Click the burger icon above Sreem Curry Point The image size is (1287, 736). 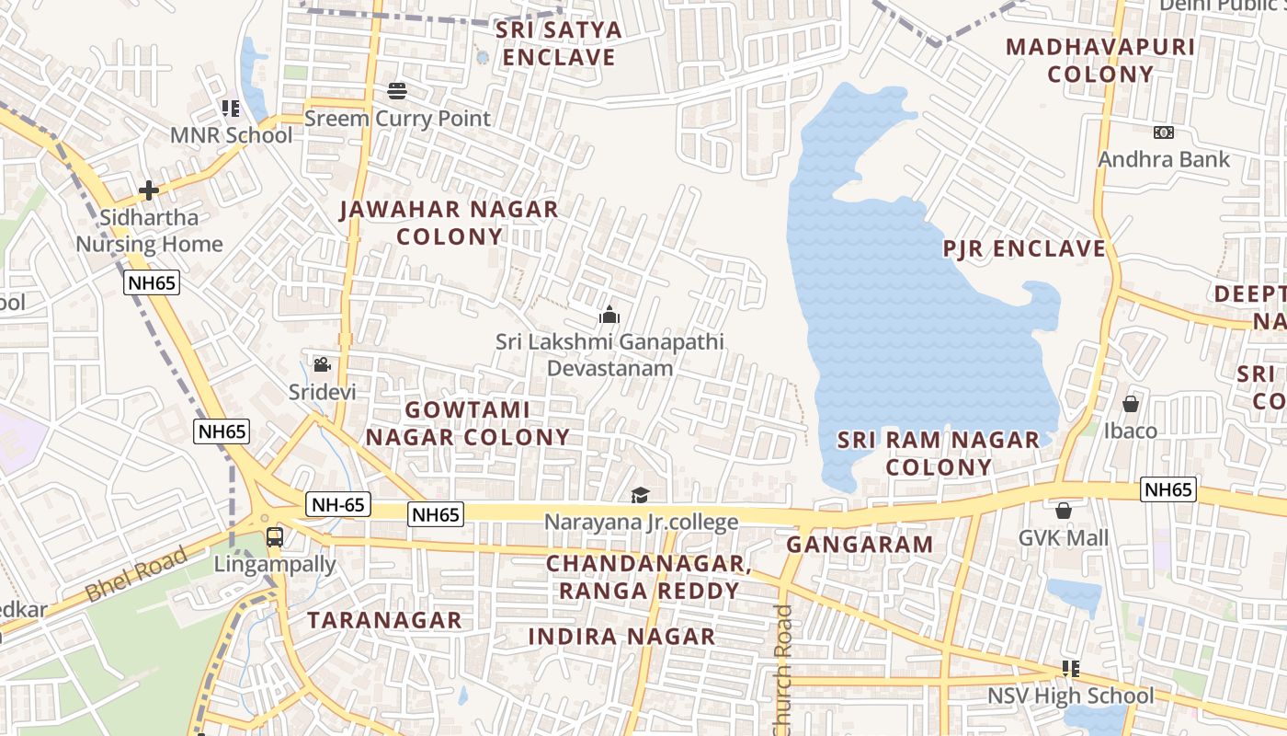[x=397, y=91]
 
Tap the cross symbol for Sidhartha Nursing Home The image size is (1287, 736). [x=149, y=190]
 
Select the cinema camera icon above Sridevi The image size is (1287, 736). [x=322, y=364]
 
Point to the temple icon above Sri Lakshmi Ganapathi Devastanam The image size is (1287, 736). [x=609, y=316]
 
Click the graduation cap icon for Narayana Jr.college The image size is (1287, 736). [x=641, y=496]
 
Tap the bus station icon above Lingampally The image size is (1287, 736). [x=274, y=536]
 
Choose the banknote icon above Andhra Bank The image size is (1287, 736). [x=1164, y=132]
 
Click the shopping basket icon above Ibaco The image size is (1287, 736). [x=1131, y=404]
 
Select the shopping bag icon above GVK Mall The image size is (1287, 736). [x=1064, y=511]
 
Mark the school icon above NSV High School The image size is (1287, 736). [x=1070, y=669]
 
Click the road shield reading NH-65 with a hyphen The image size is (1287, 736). [x=337, y=504]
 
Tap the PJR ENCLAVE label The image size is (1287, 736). [x=1024, y=248]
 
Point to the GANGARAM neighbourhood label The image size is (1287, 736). [x=860, y=544]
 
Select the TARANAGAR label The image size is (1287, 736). [x=384, y=620]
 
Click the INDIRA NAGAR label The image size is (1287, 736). [x=621, y=636]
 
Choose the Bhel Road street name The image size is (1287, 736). [x=138, y=573]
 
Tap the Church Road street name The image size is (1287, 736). [x=782, y=670]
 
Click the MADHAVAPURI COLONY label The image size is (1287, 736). [x=1100, y=61]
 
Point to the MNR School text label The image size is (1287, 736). [x=231, y=135]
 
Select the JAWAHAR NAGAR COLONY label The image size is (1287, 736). [x=449, y=223]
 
